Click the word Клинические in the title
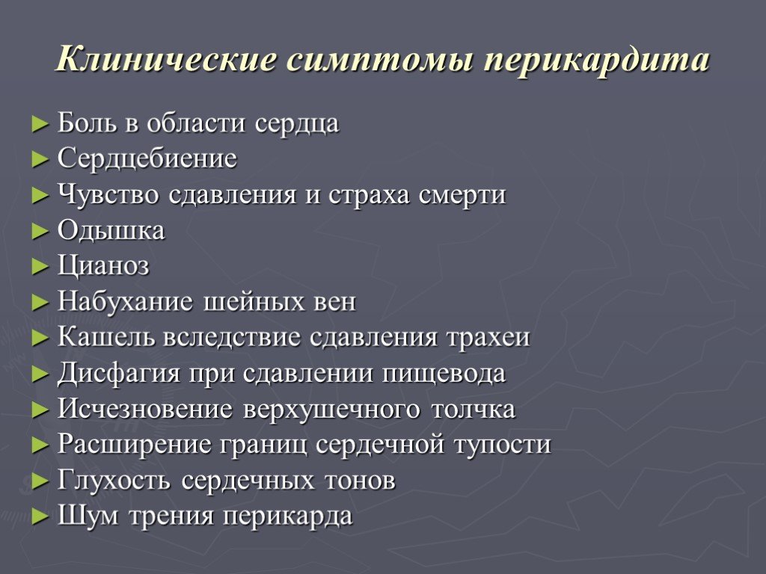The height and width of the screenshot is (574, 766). coord(166,60)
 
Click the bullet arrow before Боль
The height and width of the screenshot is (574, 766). coord(40,124)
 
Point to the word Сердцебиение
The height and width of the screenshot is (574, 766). coord(147,159)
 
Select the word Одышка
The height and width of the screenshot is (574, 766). coord(111,230)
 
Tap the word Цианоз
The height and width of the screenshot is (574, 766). coord(103,267)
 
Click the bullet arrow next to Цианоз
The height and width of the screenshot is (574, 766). coord(40,267)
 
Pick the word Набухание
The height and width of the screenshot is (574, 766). coord(125,302)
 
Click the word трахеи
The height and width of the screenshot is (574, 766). coord(488,338)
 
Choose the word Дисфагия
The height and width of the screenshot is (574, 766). coord(119,374)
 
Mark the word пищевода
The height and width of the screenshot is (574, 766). coord(444,374)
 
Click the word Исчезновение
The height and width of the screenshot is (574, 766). coord(145,409)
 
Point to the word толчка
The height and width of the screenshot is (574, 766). coord(474,409)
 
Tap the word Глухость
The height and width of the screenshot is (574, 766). coord(114,481)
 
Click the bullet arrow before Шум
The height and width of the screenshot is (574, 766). coord(40,517)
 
